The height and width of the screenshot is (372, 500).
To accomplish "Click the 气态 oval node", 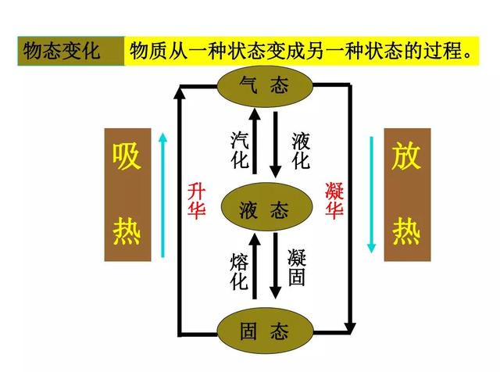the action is (265, 85).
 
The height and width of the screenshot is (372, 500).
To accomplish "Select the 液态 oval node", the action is (265, 207).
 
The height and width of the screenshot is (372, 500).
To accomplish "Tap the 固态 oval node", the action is (265, 331).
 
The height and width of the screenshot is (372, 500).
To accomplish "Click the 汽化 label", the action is (240, 149).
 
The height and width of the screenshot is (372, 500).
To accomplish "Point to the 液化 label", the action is (300, 151).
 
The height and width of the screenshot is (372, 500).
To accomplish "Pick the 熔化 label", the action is (239, 270).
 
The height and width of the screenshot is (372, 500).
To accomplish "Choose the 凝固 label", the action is (297, 266).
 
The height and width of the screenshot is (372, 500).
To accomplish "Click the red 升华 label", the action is (196, 200).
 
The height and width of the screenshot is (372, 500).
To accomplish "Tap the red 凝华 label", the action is (334, 200).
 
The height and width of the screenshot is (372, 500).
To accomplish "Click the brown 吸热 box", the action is (127, 195).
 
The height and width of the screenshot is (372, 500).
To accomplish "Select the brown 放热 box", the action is (407, 195).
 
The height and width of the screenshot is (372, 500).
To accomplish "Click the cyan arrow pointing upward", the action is (163, 195).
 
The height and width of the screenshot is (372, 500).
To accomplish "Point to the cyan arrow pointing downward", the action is (371, 195).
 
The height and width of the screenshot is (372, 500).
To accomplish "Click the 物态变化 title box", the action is (71, 51).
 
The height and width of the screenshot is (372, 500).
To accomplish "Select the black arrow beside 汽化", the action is (255, 141).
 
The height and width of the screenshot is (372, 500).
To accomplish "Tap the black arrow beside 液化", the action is (276, 145).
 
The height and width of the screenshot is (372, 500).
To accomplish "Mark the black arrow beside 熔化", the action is (255, 266).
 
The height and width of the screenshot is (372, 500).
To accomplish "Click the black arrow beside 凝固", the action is (276, 266).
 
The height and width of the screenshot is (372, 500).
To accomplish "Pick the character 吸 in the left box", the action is (127, 156).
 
